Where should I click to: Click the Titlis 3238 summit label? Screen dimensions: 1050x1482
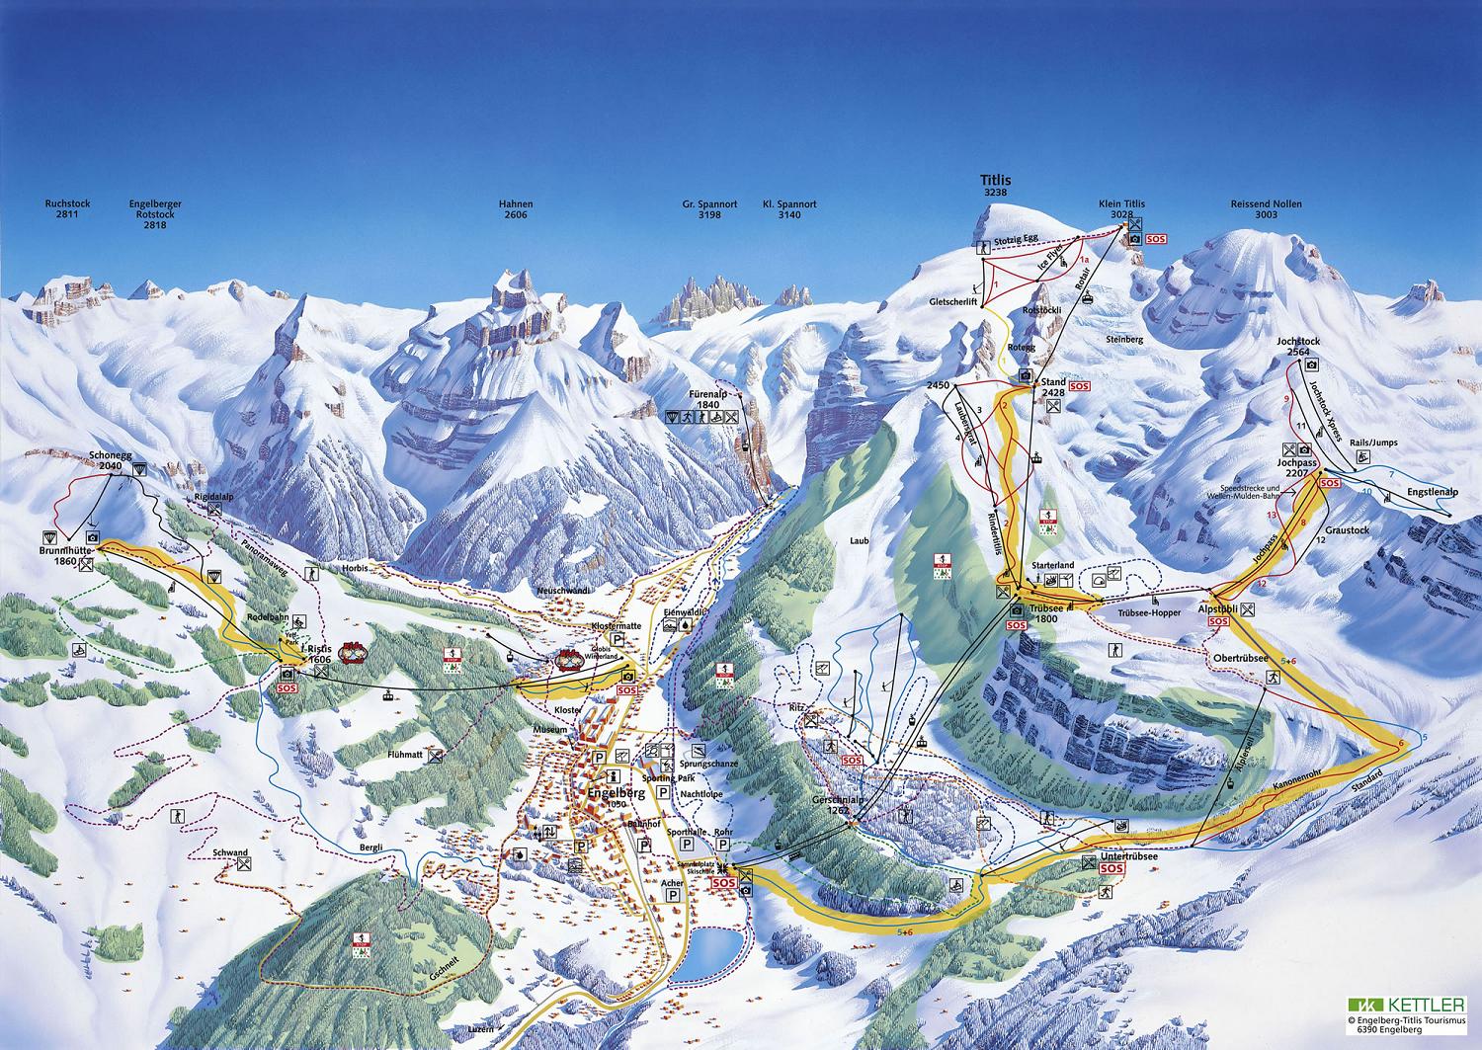point(994,186)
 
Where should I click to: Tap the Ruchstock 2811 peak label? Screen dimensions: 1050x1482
point(67,209)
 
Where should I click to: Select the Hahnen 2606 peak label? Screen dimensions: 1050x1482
point(516,209)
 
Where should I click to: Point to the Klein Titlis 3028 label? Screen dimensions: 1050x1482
point(1121,209)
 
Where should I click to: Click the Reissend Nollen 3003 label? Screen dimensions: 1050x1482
point(1266,209)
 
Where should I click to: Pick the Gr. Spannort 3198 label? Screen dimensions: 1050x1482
point(709,209)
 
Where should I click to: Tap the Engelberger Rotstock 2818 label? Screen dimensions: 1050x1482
point(155,214)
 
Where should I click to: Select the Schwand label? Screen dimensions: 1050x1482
point(229,851)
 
